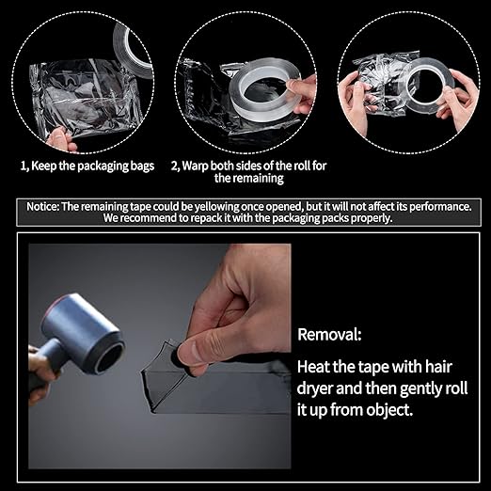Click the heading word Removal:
tap(328, 334)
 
